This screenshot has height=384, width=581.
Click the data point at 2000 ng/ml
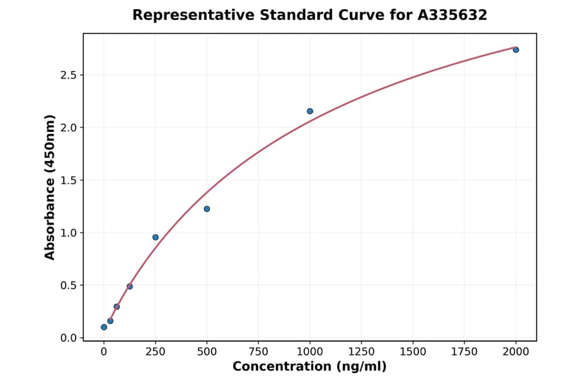516,50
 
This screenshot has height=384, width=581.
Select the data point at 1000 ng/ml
310,111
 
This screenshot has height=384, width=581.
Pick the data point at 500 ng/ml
207,209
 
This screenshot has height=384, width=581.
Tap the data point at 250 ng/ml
156,237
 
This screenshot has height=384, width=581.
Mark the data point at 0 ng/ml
104,327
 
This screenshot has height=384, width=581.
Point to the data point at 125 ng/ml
130,286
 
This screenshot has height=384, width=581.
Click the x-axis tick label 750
258,352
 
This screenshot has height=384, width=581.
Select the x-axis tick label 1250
362,352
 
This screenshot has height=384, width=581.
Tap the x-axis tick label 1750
464,352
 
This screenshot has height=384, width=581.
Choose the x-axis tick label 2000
516,352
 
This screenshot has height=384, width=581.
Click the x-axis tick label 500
207,352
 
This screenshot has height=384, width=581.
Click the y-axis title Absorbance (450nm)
50,187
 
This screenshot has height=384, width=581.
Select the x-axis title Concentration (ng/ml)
309,367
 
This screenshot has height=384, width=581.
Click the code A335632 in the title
452,15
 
